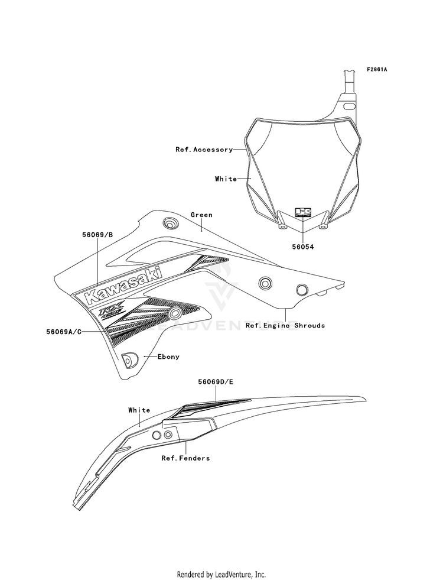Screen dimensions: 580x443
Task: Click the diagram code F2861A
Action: [x=376, y=70]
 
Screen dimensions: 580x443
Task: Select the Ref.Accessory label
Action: [x=204, y=150]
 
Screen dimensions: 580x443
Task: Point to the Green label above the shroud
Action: [x=201, y=215]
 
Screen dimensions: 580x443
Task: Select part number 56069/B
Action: [x=97, y=234]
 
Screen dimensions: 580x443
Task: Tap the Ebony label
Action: [x=168, y=357]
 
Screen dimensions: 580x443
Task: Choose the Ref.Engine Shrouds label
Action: [x=285, y=325]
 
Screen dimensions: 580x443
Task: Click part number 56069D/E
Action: [x=216, y=383]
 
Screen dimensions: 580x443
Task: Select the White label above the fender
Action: [x=139, y=410]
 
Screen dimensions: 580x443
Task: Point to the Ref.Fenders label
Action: [x=185, y=458]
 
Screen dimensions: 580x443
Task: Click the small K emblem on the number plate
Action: [x=303, y=213]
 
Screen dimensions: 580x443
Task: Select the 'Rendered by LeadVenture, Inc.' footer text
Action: [x=221, y=574]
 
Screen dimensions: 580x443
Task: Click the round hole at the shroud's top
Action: [x=170, y=223]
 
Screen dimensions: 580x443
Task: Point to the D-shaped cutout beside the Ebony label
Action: [x=129, y=358]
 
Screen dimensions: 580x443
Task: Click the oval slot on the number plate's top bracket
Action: [x=350, y=106]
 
